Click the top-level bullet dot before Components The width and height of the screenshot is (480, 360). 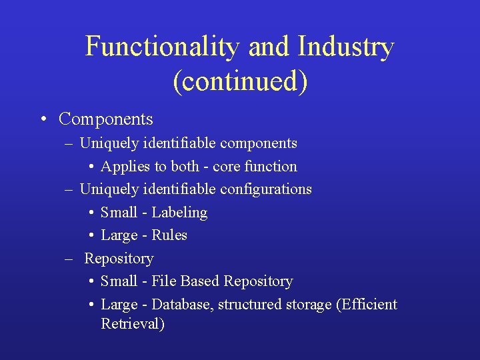tap(42, 120)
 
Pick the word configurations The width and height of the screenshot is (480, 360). tap(269, 189)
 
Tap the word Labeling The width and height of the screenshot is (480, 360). tap(179, 213)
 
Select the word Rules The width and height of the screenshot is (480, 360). tap(169, 235)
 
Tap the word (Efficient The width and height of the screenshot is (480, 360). tap(367, 305)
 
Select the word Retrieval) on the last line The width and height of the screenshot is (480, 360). tap(133, 324)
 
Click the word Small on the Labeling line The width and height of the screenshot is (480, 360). tap(119, 213)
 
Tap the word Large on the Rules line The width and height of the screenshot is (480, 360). tap(119, 235)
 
